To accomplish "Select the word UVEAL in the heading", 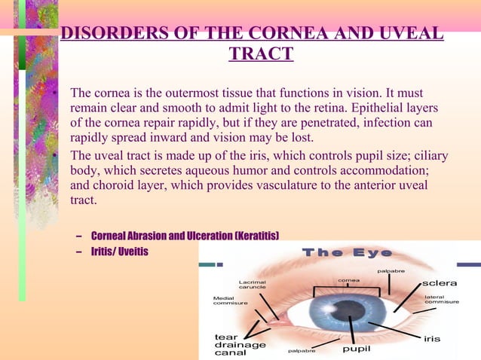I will click(412, 34).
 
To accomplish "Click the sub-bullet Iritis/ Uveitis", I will click(119, 251).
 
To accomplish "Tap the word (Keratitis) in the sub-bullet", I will click(257, 236).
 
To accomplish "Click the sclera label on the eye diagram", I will click(440, 283).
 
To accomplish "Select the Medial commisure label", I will click(230, 301).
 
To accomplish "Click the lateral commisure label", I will click(441, 301).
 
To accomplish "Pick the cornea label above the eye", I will click(348, 280).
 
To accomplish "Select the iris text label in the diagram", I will click(432, 338).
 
